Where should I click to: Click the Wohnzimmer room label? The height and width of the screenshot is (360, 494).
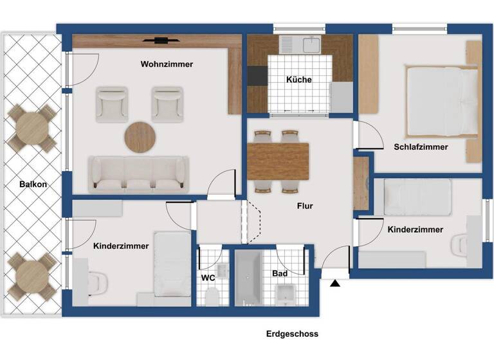[167, 64]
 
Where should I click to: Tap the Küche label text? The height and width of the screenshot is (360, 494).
[298, 80]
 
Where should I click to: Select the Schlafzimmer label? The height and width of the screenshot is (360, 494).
[421, 147]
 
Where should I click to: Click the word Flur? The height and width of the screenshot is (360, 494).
[305, 207]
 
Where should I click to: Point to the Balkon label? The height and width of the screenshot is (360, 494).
[33, 184]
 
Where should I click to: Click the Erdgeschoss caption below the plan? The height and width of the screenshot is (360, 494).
[292, 334]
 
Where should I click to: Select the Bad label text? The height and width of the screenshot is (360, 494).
[279, 274]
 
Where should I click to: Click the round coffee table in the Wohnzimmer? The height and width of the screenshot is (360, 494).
[140, 136]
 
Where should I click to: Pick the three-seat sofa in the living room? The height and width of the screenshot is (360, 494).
[138, 174]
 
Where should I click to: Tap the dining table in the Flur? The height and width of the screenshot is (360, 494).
[278, 161]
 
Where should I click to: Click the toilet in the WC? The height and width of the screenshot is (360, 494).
[212, 296]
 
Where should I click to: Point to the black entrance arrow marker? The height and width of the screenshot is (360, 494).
[335, 283]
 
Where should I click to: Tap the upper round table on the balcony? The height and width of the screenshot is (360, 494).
[32, 128]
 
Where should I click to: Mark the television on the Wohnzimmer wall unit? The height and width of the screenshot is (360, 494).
[159, 40]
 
